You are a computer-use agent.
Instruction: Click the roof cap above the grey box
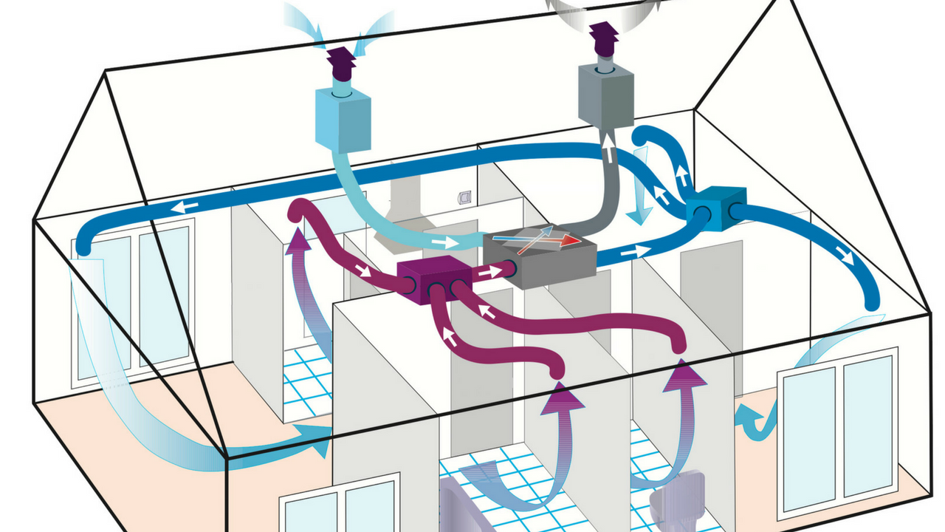[x=603, y=36]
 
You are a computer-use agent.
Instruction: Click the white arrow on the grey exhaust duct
[x=607, y=151]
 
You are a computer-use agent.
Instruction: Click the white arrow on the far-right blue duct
[x=842, y=257]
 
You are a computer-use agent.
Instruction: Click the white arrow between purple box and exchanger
[x=487, y=272]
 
